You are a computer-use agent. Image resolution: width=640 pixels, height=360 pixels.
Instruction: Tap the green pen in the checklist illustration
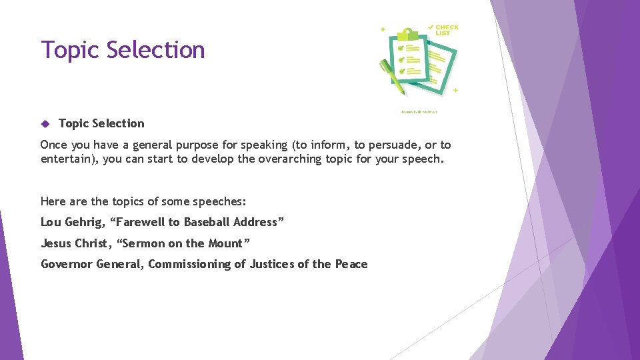click(x=393, y=77)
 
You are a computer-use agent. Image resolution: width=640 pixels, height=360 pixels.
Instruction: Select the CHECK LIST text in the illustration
click(x=446, y=30)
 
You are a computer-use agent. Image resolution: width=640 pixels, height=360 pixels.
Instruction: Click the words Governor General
click(x=92, y=265)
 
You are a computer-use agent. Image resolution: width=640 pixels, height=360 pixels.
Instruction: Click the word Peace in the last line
click(x=351, y=265)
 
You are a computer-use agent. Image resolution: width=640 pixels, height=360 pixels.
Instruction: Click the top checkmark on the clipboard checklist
click(x=400, y=49)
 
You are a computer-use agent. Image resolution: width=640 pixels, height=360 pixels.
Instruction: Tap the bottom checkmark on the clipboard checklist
click(x=401, y=70)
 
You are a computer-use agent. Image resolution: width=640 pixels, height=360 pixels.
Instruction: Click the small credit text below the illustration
click(x=419, y=111)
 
